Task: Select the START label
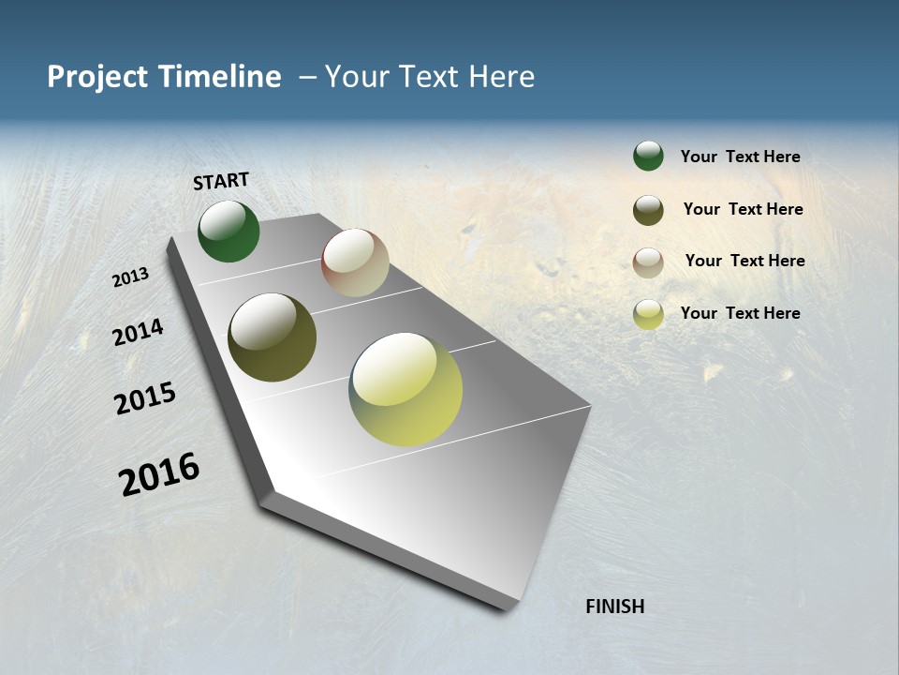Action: (x=221, y=181)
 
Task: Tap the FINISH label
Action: (x=615, y=607)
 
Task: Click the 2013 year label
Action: (x=131, y=277)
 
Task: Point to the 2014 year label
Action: (x=139, y=332)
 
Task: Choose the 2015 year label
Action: (x=145, y=397)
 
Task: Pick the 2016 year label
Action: (x=159, y=474)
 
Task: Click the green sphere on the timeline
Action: (x=228, y=232)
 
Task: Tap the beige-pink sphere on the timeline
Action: (x=355, y=262)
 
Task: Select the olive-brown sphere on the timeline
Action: (x=272, y=337)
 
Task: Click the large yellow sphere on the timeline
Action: (x=405, y=389)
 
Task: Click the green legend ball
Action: (x=648, y=156)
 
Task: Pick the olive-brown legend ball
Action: (x=648, y=210)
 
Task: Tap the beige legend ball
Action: (x=648, y=262)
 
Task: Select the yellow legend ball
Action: (x=648, y=314)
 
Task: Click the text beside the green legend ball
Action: (x=740, y=157)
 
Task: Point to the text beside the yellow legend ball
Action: (x=740, y=313)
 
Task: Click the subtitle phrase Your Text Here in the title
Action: (x=430, y=77)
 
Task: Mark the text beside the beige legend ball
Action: (x=744, y=261)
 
